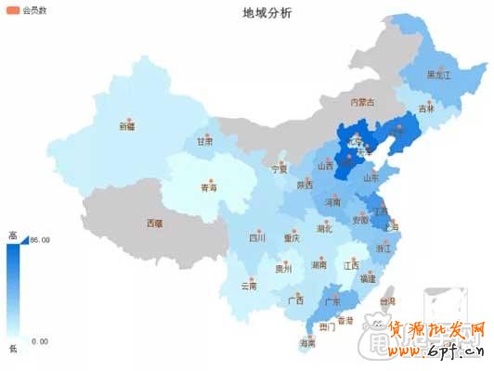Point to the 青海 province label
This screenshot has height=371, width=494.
point(210,187)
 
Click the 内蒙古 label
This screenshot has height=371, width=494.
point(361,102)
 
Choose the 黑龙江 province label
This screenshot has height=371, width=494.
point(438,73)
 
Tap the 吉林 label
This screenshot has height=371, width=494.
point(426,109)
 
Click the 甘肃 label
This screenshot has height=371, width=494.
point(204,143)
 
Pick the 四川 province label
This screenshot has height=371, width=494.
point(257,237)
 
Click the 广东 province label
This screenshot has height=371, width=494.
point(328,301)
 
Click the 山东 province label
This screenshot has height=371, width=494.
point(370,177)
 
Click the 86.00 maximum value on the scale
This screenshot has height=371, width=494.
point(39,240)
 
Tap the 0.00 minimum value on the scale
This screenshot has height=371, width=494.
point(39,340)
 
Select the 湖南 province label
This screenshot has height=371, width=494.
point(318,264)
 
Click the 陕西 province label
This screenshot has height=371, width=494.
point(305,185)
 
